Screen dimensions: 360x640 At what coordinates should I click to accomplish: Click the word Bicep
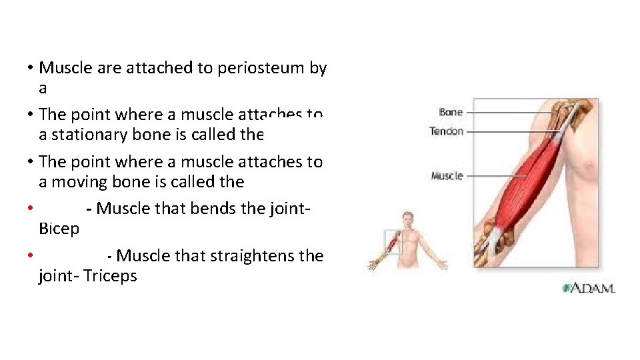click(x=59, y=229)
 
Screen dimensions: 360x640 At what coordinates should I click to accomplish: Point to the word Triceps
click(x=111, y=276)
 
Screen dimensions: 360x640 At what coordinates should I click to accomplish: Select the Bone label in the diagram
click(x=451, y=112)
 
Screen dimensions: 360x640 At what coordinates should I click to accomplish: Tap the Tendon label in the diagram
click(x=447, y=131)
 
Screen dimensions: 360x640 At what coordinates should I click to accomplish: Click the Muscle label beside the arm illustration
click(x=447, y=176)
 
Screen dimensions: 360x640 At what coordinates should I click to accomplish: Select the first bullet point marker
click(x=31, y=68)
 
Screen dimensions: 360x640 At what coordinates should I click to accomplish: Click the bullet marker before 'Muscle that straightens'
click(x=31, y=256)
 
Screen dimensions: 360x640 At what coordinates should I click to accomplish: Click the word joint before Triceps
click(x=57, y=276)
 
